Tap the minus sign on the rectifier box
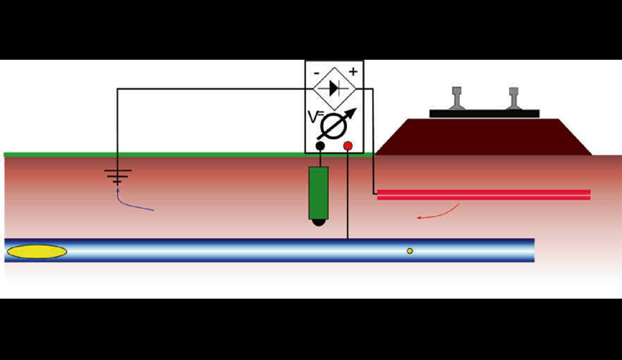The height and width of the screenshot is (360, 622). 316,72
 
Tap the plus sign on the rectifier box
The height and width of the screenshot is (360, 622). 353,72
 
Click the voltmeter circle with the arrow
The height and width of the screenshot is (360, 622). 336,125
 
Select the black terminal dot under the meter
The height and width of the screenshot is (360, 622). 320,146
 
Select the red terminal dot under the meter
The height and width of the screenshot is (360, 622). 348,146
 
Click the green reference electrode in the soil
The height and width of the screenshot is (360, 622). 319,192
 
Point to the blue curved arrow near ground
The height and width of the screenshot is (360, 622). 131,200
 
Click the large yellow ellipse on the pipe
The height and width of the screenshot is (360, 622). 37,251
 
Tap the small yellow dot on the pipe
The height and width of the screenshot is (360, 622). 410,250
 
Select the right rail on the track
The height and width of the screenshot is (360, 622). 513,99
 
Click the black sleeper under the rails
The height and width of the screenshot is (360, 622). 485,114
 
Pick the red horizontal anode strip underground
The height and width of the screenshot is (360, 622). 483,195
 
